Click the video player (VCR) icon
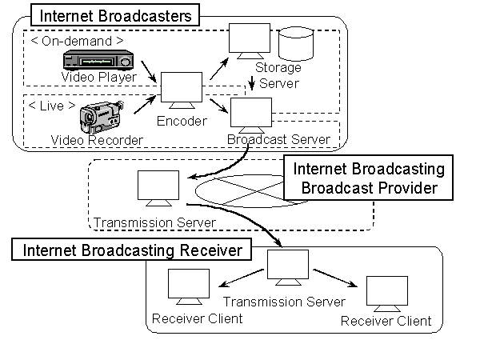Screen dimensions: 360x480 tap(98, 60)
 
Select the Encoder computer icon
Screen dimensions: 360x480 tap(182, 90)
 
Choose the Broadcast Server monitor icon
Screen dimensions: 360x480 tap(250, 114)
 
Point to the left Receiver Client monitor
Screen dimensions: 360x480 tap(188, 286)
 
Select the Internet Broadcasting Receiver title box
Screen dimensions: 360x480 tap(132, 250)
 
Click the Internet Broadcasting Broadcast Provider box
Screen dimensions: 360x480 tap(366, 178)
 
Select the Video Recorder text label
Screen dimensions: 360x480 tap(97, 141)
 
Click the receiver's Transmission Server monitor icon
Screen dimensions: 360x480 tap(288, 266)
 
